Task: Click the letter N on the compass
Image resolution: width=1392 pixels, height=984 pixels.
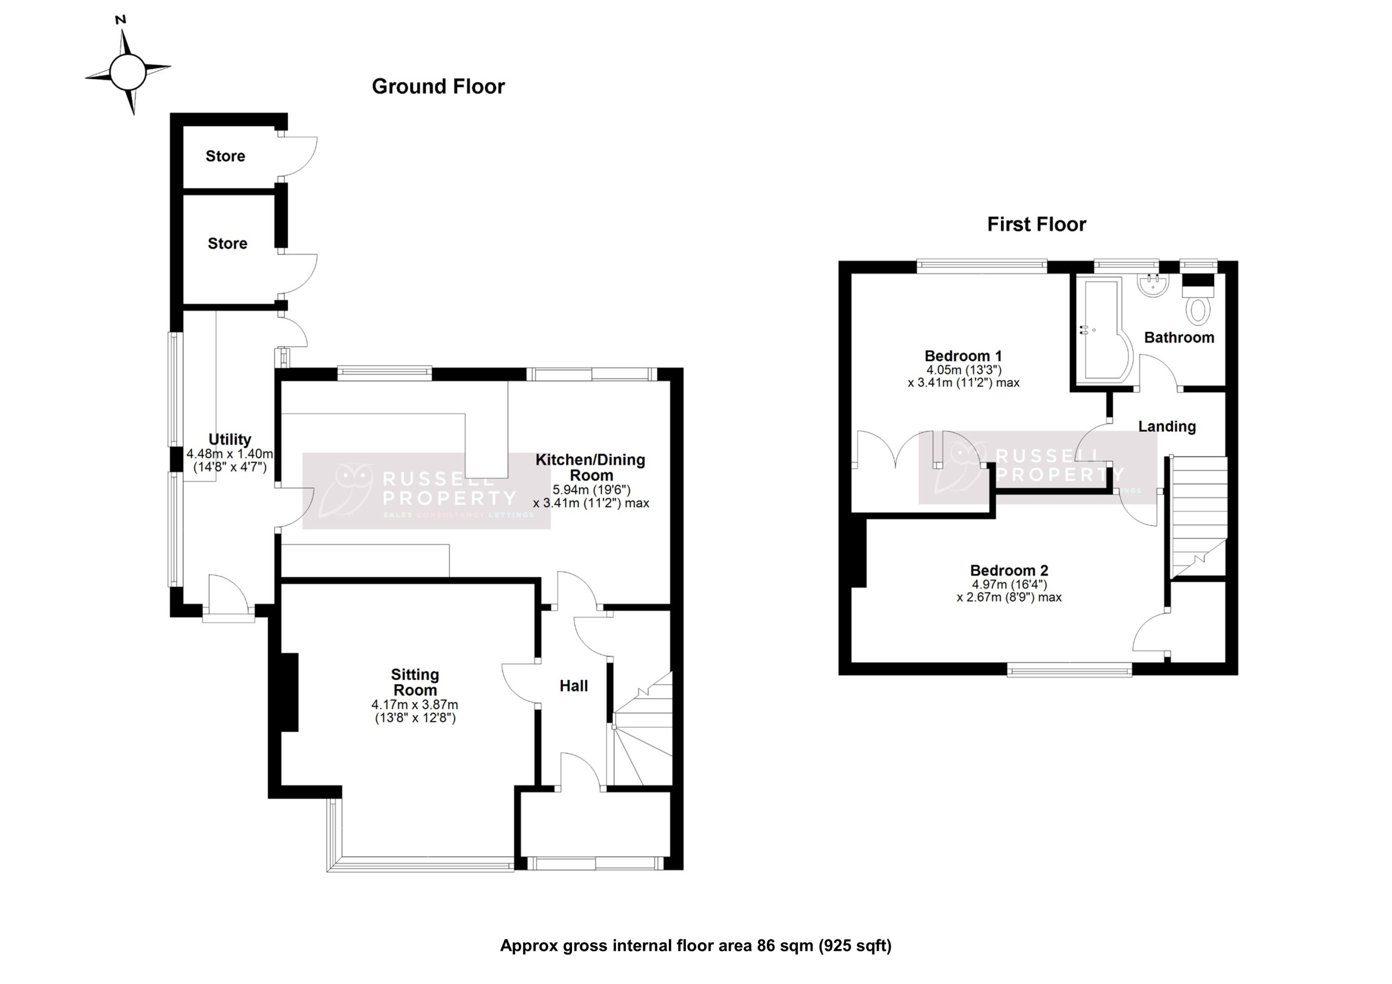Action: pyautogui.click(x=121, y=20)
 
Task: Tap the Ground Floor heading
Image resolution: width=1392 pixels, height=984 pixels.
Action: pyautogui.click(x=438, y=86)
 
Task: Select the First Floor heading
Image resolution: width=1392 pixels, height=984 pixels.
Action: pyautogui.click(x=1036, y=225)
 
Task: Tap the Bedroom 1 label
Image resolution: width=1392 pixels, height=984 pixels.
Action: pyautogui.click(x=963, y=356)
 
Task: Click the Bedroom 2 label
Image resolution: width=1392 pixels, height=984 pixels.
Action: pyautogui.click(x=1009, y=570)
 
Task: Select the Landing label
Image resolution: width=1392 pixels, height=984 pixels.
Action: pyautogui.click(x=1166, y=426)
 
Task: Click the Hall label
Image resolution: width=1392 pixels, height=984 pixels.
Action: pyautogui.click(x=574, y=686)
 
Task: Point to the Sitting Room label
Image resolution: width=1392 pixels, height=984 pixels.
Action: pyautogui.click(x=415, y=682)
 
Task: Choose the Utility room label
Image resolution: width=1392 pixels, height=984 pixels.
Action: pyautogui.click(x=230, y=439)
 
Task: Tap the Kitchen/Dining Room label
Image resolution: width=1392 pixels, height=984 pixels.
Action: pyautogui.click(x=591, y=467)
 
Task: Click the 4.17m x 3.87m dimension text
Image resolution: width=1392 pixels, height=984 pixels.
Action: pyautogui.click(x=415, y=705)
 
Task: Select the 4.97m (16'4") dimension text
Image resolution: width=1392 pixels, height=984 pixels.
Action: pyautogui.click(x=1009, y=584)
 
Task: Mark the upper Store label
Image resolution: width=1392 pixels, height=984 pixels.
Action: pyautogui.click(x=226, y=156)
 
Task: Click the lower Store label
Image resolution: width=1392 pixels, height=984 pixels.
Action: pyautogui.click(x=227, y=243)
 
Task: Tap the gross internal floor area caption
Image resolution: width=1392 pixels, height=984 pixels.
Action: pyautogui.click(x=695, y=945)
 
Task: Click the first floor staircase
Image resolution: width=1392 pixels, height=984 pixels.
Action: pyautogui.click(x=1198, y=515)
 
